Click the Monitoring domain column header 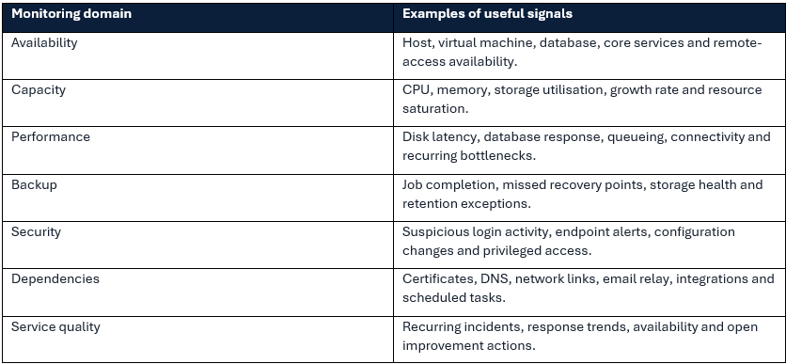pos(71,13)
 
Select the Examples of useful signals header pos(487,13)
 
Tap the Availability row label pos(44,43)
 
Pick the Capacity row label pos(39,90)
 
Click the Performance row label pos(51,137)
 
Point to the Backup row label pos(34,184)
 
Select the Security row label pos(36,232)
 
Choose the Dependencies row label pos(55,279)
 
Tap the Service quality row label pos(55,327)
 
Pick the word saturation pos(435,109)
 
